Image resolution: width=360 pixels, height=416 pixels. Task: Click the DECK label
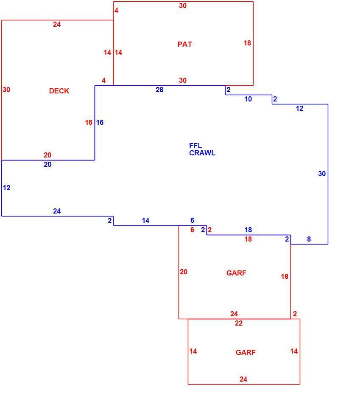tap(59, 91)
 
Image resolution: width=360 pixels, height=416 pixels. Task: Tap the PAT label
tap(185, 44)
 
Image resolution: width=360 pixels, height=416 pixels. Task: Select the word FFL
tap(195, 146)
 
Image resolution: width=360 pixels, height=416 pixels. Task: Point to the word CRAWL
tap(202, 153)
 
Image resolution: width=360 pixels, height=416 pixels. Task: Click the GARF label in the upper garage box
tap(236, 273)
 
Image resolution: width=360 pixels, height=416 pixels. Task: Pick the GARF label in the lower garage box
tap(246, 352)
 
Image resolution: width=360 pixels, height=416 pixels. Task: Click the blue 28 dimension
tap(159, 90)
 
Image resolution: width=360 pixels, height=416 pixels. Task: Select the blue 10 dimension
tap(248, 99)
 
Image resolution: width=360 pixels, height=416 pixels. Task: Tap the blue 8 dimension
tap(309, 239)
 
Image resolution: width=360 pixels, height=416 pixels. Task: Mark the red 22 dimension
tap(239, 323)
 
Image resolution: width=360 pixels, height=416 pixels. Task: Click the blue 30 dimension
tap(322, 174)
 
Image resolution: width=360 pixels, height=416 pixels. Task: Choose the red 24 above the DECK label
tap(57, 25)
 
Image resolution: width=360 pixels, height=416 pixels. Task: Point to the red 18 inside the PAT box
tap(247, 43)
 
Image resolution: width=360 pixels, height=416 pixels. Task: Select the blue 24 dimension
tap(57, 211)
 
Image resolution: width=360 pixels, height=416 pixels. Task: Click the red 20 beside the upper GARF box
tap(184, 272)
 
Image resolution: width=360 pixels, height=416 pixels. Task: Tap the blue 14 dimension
tap(145, 220)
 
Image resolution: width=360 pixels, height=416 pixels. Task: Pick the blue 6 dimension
tap(192, 220)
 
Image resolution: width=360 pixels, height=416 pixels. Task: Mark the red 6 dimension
tap(192, 230)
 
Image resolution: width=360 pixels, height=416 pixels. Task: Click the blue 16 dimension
tap(100, 122)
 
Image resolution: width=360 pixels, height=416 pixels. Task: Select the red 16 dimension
tap(89, 122)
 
